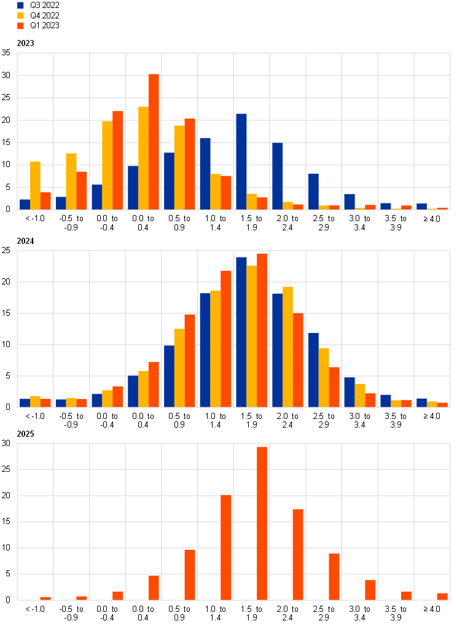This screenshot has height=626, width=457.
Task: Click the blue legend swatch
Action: pos(20,5)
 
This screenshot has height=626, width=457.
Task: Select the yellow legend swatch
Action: pos(20,15)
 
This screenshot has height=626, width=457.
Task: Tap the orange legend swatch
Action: pos(20,26)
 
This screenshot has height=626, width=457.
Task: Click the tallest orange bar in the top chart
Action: pos(154,142)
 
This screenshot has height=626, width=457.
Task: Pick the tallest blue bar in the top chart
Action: pos(241,162)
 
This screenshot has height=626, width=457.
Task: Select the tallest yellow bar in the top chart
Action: pos(143,158)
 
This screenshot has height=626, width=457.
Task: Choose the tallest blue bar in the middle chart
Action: pos(241,332)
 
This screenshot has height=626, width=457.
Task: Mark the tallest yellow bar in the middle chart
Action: pos(252,336)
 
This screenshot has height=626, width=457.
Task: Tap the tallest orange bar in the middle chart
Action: pos(262,331)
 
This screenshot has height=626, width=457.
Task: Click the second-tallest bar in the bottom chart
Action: pos(226,547)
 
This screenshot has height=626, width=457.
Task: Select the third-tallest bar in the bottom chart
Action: pos(298,555)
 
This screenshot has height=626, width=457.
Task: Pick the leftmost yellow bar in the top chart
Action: pos(35,186)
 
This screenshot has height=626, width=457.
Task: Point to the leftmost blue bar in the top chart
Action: pos(25,205)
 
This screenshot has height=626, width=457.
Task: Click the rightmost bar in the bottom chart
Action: pos(442,597)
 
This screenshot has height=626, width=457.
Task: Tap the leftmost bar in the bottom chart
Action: pos(45,598)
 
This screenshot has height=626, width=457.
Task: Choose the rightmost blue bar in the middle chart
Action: pos(421,402)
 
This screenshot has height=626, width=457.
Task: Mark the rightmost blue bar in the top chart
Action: pos(421,206)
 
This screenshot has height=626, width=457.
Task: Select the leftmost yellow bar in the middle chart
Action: pos(35,401)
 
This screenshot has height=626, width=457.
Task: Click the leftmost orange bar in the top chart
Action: pos(45,201)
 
